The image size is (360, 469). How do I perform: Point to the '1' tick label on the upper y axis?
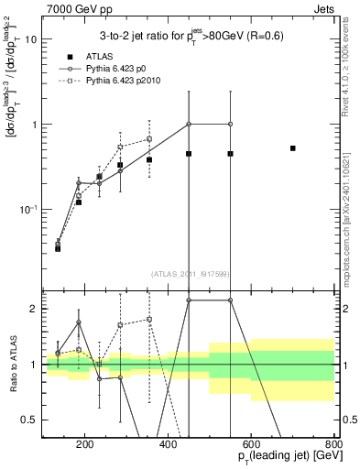[34, 125]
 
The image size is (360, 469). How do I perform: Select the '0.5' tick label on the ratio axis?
[29, 420]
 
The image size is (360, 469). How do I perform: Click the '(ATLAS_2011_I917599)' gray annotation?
[189, 273]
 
